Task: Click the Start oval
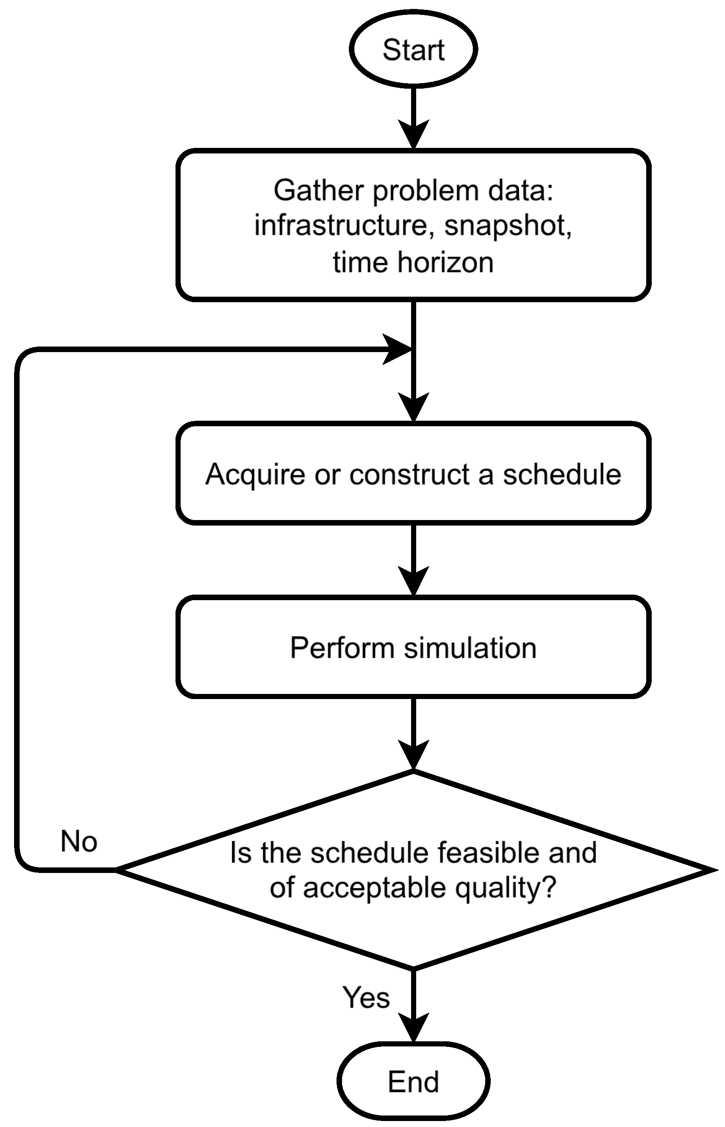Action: [413, 49]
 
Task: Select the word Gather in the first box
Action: [319, 191]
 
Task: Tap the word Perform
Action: [342, 648]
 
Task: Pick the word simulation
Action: [470, 648]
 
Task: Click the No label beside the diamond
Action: [79, 841]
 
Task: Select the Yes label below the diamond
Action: [366, 997]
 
